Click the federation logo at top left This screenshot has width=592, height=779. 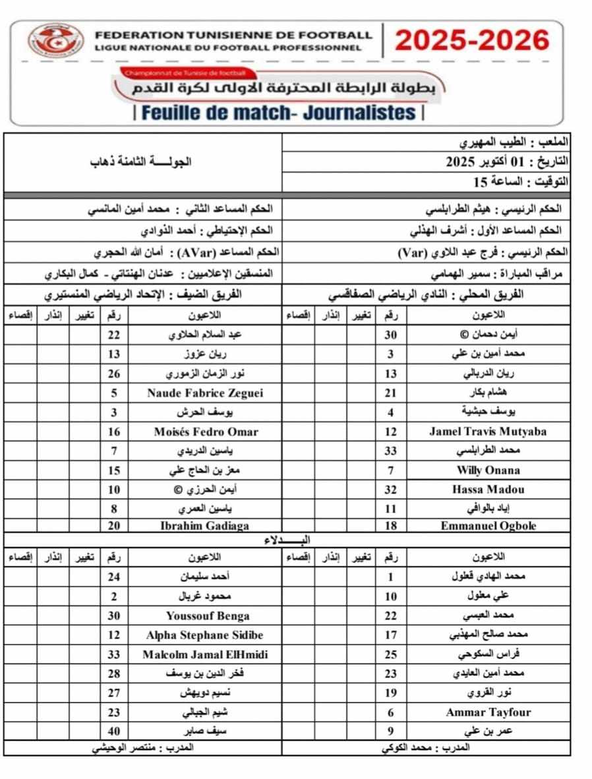[55, 40]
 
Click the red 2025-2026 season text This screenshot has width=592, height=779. [472, 41]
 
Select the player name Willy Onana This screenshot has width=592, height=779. [488, 470]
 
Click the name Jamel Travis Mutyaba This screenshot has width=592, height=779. [488, 432]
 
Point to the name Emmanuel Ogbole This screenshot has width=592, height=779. [488, 525]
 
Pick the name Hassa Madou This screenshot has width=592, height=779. [488, 489]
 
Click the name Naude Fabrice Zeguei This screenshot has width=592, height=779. [205, 393]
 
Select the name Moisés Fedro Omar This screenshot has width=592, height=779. [205, 432]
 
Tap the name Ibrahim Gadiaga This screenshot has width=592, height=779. [205, 525]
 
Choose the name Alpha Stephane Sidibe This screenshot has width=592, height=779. [205, 635]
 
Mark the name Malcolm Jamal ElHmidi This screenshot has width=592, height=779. [205, 654]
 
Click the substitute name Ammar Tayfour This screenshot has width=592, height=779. [488, 712]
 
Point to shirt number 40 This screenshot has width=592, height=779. [114, 731]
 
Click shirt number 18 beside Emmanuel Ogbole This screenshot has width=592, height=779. [391, 525]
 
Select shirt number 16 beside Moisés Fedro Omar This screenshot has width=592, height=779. [114, 432]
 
